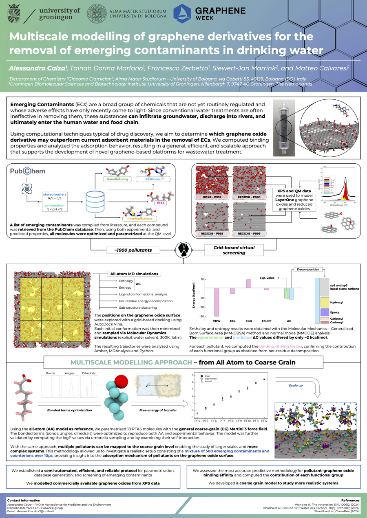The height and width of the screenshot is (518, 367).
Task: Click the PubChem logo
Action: pyautogui.click(x=27, y=171)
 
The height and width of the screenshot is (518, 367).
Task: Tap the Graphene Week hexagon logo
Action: pyautogui.click(x=182, y=13)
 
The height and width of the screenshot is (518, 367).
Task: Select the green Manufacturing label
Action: pyautogui.click(x=117, y=179)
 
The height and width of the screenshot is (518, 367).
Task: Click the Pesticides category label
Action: pyautogui.click(x=153, y=179)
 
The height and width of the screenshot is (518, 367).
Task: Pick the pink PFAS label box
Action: pyautogui.click(x=160, y=202)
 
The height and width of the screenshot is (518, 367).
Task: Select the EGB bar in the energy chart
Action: pyautogui.click(x=249, y=284)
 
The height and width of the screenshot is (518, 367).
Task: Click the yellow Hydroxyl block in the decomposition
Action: pyautogui.click(x=325, y=302)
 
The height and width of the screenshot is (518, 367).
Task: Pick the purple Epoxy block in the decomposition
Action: pyautogui.click(x=325, y=312)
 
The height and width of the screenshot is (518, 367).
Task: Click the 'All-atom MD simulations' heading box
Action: pyautogui.click(x=133, y=274)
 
